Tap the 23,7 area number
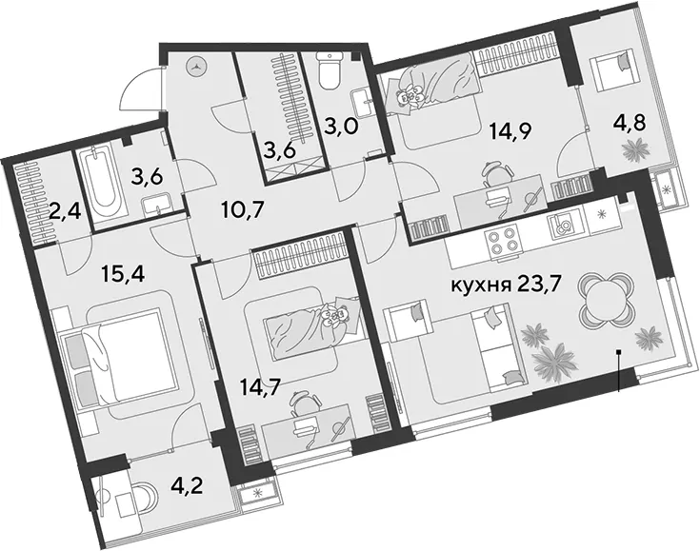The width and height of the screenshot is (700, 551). pos(535,285)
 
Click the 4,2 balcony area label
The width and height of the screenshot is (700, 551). pos(188,485)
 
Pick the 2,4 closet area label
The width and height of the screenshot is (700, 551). pos(65,211)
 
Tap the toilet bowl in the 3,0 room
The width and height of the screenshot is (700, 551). pos(329,70)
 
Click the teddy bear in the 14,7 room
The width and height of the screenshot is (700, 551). pos(335,316)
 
